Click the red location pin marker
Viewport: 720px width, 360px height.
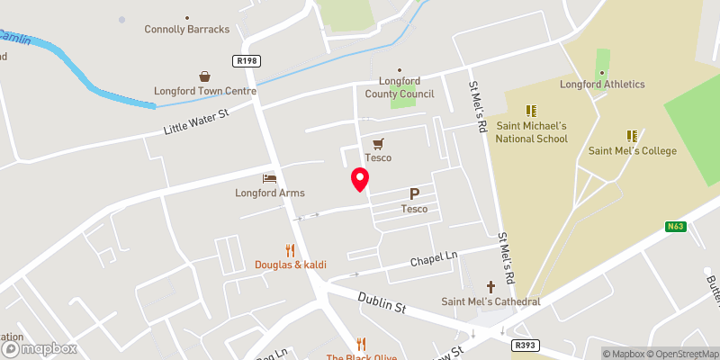coord(360,180)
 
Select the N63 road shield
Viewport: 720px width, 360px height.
coord(677,227)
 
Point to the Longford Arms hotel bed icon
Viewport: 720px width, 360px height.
coord(267,178)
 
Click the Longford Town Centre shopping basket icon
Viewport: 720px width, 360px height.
coord(205,76)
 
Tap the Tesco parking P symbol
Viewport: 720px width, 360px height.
coord(414,193)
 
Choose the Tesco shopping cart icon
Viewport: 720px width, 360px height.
coord(378,143)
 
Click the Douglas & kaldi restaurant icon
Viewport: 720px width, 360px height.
coord(290,250)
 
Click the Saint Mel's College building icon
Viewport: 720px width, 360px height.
coord(632,136)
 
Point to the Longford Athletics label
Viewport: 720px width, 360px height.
coord(602,85)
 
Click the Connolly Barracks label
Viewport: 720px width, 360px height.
coord(187,29)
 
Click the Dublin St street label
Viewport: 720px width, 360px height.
coord(381,301)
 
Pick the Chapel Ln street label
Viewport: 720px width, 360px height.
coord(435,259)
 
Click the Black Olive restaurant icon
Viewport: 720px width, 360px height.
coord(361,343)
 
